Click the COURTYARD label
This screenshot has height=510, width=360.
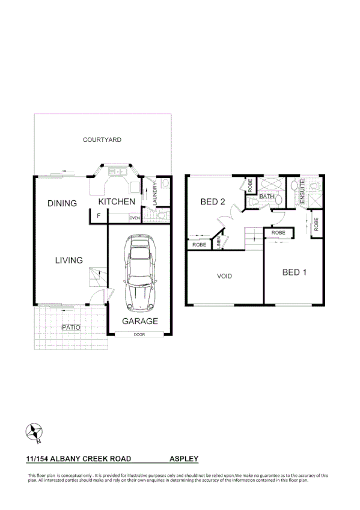(x=102, y=140)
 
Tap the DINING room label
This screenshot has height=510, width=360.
(x=63, y=203)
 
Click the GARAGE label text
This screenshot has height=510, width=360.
(x=140, y=321)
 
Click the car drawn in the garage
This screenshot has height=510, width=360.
(x=140, y=272)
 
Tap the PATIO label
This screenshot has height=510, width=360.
(x=71, y=327)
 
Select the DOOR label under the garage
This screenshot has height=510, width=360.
(x=139, y=334)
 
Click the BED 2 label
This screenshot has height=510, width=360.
(x=213, y=202)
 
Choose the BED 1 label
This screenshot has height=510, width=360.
(x=294, y=272)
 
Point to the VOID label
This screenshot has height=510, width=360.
(x=225, y=277)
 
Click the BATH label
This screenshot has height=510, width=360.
(x=267, y=197)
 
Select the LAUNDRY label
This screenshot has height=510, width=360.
(x=155, y=195)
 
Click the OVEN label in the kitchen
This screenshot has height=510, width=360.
(x=134, y=218)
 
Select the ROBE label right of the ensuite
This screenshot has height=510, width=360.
(x=316, y=224)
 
